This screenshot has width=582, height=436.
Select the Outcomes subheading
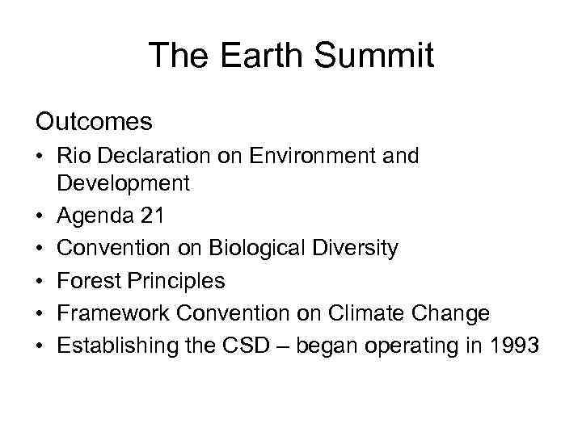94,122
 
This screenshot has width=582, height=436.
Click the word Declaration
152,156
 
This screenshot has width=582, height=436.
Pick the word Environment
300,156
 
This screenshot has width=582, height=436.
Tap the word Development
124,183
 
